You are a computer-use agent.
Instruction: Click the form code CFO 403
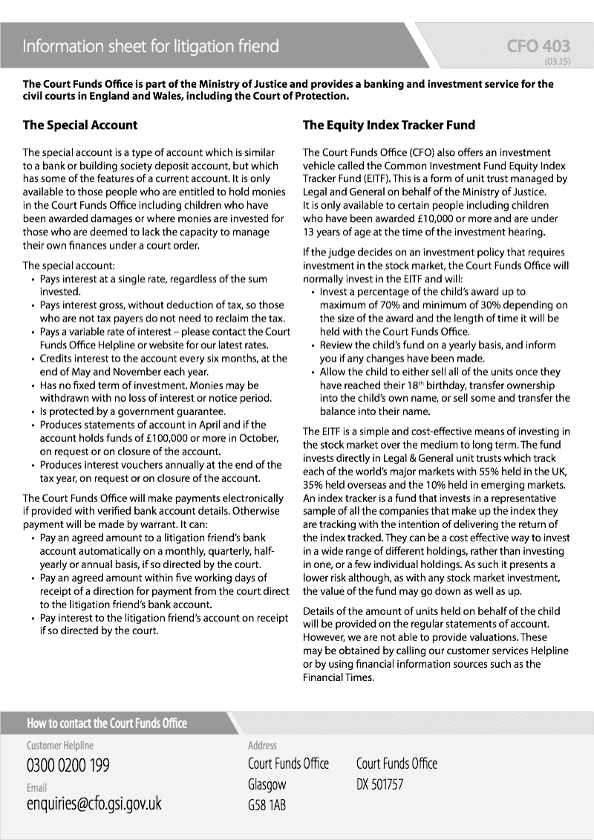coord(538,47)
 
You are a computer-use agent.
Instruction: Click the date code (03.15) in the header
coord(557,61)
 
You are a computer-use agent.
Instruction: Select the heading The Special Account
coord(80,126)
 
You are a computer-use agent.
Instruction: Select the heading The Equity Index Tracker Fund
coord(389,126)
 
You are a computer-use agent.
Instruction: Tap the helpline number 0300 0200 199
coord(73,765)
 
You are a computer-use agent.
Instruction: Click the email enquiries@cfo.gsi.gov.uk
coord(94,804)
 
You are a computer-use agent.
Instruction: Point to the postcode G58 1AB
coord(267,805)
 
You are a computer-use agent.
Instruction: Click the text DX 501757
coord(379,784)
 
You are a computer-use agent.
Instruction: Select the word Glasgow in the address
coord(267,784)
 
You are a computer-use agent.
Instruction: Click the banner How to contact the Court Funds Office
coord(107,723)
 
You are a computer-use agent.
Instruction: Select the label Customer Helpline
coord(60,745)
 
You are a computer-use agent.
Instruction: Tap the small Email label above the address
coord(36,787)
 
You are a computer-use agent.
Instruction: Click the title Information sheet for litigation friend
coord(151,47)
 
